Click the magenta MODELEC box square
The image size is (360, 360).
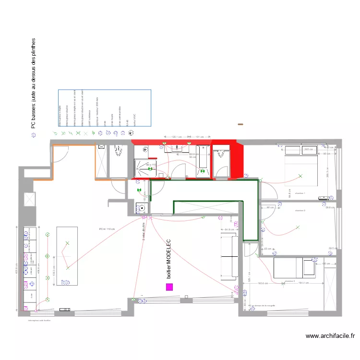[x=169, y=287]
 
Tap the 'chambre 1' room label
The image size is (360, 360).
[x=300, y=193]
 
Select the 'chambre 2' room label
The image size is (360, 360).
[x=300, y=210]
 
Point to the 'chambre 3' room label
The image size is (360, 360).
[x=289, y=281]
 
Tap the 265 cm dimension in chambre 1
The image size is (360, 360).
[x=309, y=149]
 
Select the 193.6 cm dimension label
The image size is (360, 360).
[x=263, y=284]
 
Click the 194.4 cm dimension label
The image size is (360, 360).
[x=303, y=284]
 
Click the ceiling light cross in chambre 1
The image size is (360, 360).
[x=301, y=176]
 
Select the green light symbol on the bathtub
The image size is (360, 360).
[x=202, y=169]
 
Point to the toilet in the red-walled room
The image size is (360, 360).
[x=220, y=154]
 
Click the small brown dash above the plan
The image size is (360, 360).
[x=240, y=125]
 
